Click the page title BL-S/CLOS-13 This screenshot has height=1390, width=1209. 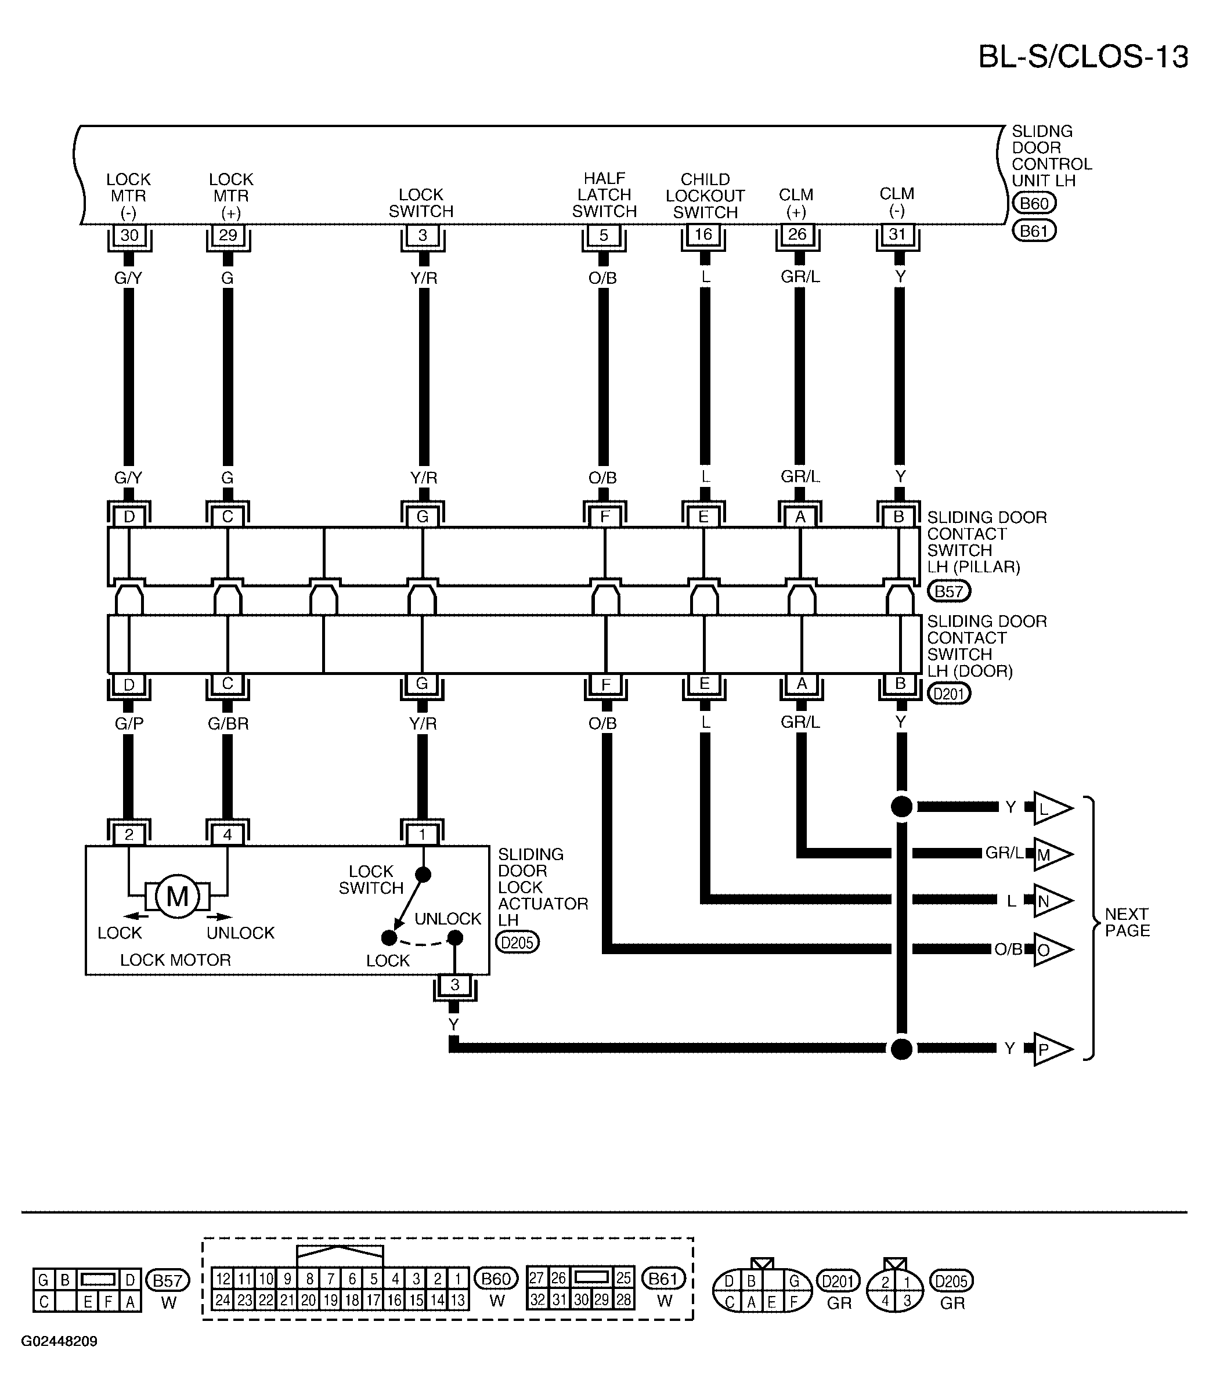pyautogui.click(x=1083, y=57)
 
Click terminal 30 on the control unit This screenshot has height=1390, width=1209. pyautogui.click(x=129, y=235)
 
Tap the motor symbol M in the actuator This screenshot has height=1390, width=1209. pyautogui.click(x=178, y=896)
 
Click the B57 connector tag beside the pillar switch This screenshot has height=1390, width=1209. pyautogui.click(x=949, y=591)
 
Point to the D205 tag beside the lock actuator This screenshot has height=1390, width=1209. pyautogui.click(x=518, y=942)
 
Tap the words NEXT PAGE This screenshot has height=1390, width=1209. pyautogui.click(x=1127, y=922)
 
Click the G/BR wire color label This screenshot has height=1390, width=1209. pyautogui.click(x=228, y=724)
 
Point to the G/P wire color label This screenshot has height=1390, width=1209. pyautogui.click(x=129, y=724)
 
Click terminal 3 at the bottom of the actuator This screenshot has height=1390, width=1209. pyautogui.click(x=454, y=984)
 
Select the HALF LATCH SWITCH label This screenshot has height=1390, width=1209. pyautogui.click(x=605, y=195)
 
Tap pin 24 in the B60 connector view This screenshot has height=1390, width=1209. pyautogui.click(x=223, y=1300)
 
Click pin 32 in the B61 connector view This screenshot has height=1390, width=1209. pyautogui.click(x=537, y=1299)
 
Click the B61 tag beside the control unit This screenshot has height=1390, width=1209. pyautogui.click(x=1034, y=232)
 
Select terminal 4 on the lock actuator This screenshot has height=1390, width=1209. pyautogui.click(x=228, y=835)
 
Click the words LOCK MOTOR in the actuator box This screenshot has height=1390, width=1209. pyautogui.click(x=175, y=960)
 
